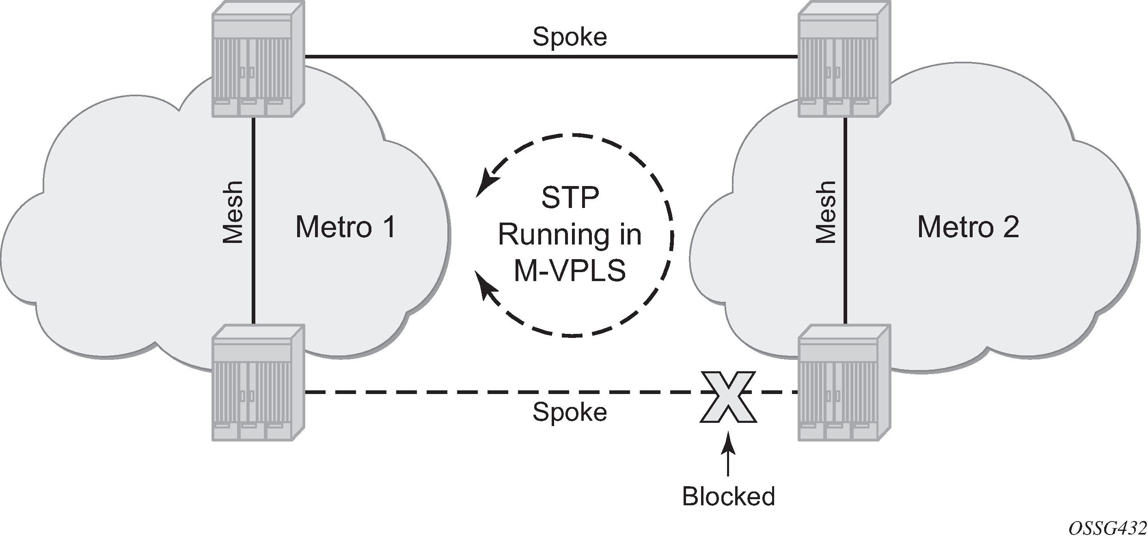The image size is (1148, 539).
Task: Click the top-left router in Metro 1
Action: (258, 59)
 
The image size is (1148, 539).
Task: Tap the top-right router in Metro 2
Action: (844, 59)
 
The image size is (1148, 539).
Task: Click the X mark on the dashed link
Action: (728, 396)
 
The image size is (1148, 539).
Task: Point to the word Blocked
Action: (728, 496)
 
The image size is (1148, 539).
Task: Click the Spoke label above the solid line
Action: (570, 37)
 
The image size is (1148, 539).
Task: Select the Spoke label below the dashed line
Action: (570, 411)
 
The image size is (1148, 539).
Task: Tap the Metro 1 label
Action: (345, 227)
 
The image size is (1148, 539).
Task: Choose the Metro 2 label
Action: (968, 227)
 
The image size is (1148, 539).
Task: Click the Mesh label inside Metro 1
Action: (233, 212)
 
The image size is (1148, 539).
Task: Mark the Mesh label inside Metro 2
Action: (826, 212)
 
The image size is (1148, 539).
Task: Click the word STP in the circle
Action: (570, 197)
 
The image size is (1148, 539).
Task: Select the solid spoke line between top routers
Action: (551, 56)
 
